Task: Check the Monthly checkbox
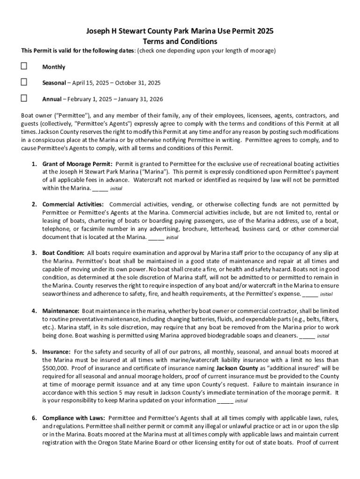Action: (x=24, y=67)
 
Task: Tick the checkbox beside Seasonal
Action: (x=24, y=82)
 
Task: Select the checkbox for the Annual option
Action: (x=24, y=98)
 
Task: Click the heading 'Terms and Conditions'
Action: (x=180, y=41)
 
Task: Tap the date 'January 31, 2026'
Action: (x=140, y=99)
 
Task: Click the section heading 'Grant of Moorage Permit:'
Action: (x=77, y=164)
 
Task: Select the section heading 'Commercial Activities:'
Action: (x=73, y=204)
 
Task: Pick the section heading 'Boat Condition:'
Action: (x=64, y=253)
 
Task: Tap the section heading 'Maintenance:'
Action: (x=61, y=311)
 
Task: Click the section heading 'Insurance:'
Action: (x=57, y=351)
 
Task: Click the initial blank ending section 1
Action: (x=100, y=189)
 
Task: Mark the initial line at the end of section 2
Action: (x=156, y=237)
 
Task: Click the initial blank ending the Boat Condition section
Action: (x=310, y=294)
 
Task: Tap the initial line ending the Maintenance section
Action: (x=307, y=336)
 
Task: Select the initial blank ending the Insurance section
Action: (x=225, y=401)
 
